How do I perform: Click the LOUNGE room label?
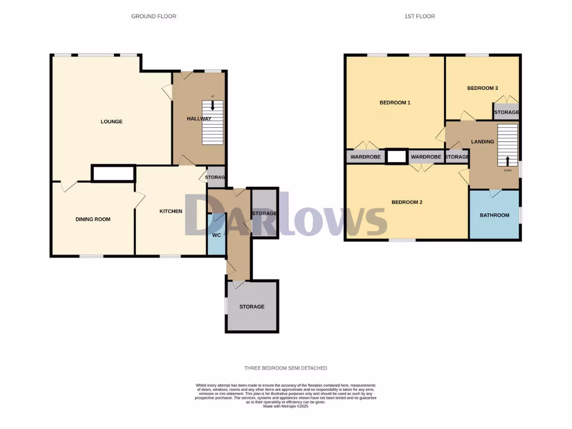click(111, 122)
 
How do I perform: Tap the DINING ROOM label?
click(93, 220)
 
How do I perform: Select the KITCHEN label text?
click(170, 211)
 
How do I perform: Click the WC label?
click(217, 235)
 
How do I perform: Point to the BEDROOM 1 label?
click(395, 103)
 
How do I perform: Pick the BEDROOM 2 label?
click(406, 202)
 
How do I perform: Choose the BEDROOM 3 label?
click(482, 88)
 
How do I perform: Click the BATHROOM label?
click(494, 216)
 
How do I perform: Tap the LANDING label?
click(482, 142)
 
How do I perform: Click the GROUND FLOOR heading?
click(154, 16)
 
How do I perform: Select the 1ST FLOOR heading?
click(420, 16)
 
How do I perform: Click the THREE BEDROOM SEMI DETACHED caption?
click(285, 368)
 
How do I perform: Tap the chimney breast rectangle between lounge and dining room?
click(113, 174)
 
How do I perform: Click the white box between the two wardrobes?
click(397, 157)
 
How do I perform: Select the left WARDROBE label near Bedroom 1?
click(365, 158)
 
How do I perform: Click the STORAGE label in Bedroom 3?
click(506, 113)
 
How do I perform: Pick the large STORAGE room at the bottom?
click(251, 307)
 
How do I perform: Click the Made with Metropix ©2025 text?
click(285, 406)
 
